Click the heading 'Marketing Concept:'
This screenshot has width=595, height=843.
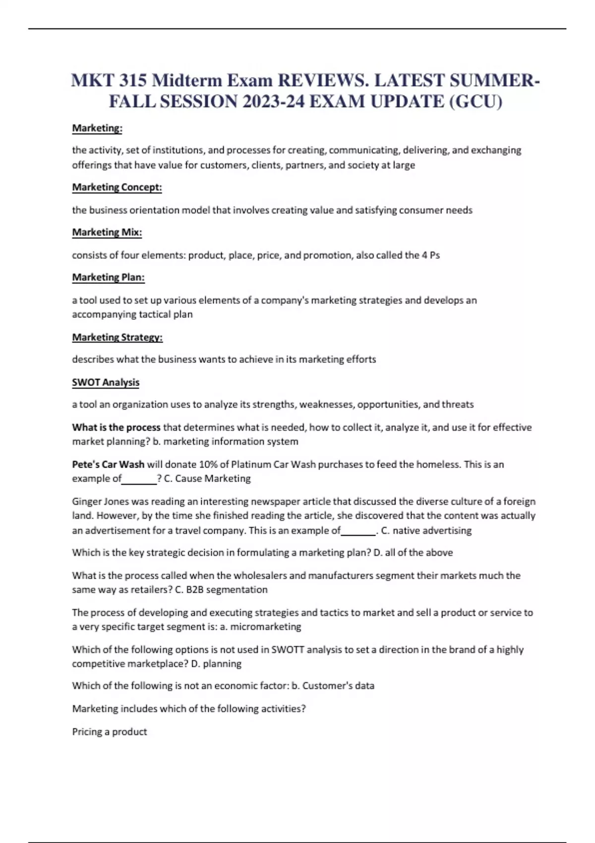(x=117, y=187)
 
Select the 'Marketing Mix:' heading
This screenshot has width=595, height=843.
(x=107, y=232)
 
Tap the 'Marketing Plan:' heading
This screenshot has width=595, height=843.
(x=108, y=277)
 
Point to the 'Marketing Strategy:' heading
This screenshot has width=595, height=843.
(x=117, y=337)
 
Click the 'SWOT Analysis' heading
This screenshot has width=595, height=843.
(x=106, y=382)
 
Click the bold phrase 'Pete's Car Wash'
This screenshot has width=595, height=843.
(x=108, y=465)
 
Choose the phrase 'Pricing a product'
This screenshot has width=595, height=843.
(x=110, y=732)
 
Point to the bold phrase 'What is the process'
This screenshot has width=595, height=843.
(x=116, y=427)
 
